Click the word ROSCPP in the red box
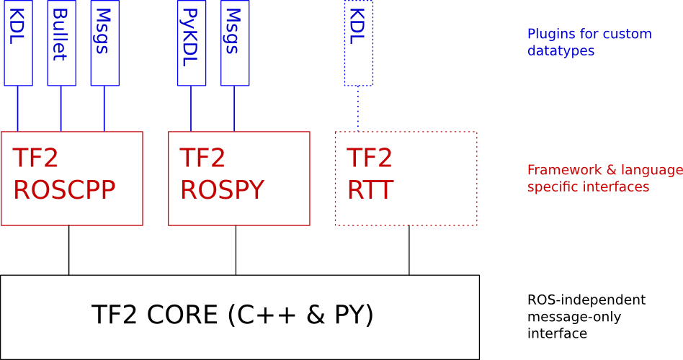(x=65, y=189)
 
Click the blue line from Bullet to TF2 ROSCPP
(x=61, y=109)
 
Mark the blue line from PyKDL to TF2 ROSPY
(x=191, y=109)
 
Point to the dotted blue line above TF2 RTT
(x=359, y=109)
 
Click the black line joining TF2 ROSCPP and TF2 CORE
(x=69, y=250)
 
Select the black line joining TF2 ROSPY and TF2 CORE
(x=236, y=250)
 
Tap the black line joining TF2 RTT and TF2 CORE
(x=409, y=250)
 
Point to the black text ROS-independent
(x=586, y=300)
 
